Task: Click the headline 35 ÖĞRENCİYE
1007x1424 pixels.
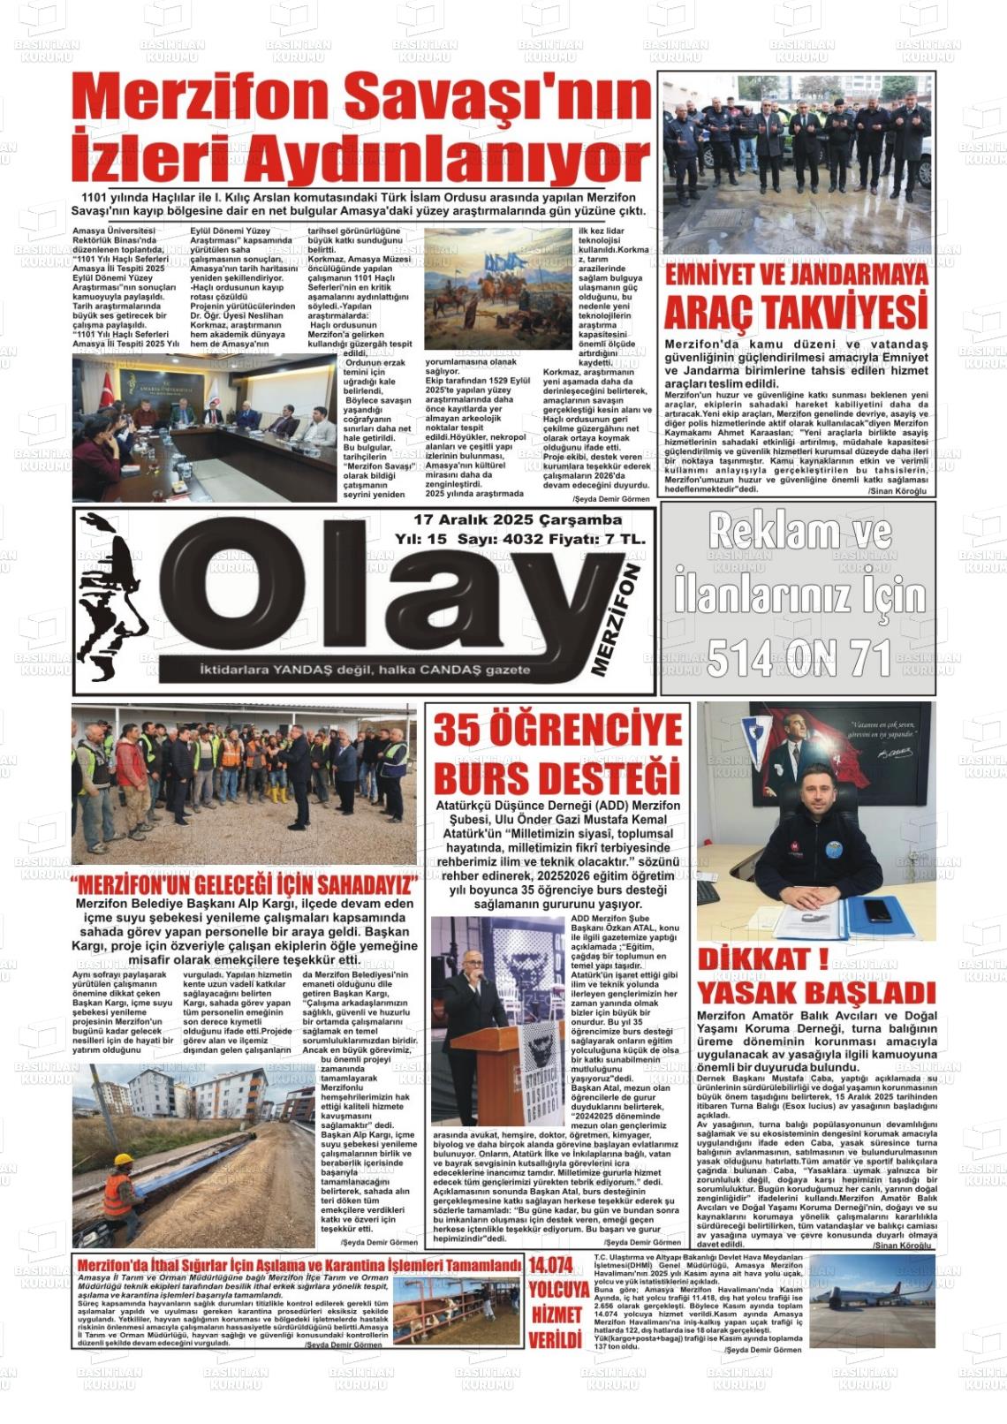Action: (x=557, y=731)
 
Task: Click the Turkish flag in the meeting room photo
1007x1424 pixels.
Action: (x=108, y=389)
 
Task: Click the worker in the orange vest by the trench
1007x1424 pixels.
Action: (x=119, y=1187)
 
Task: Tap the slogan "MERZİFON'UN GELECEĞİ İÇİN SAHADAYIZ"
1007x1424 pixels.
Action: (x=244, y=885)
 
